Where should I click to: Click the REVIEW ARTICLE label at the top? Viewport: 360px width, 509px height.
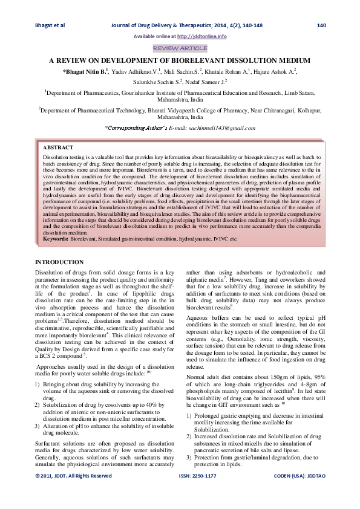click(180, 48)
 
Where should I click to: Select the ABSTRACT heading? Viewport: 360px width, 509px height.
click(58, 148)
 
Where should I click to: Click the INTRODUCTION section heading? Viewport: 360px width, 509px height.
click(59, 262)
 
